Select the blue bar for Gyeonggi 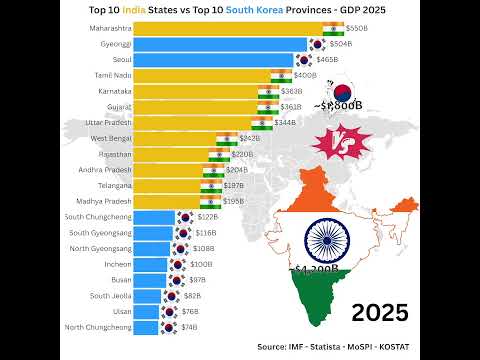click(x=218, y=44)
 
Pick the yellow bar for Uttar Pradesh click(x=191, y=122)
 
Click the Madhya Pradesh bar click(x=165, y=201)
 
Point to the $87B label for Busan click(x=198, y=280)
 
